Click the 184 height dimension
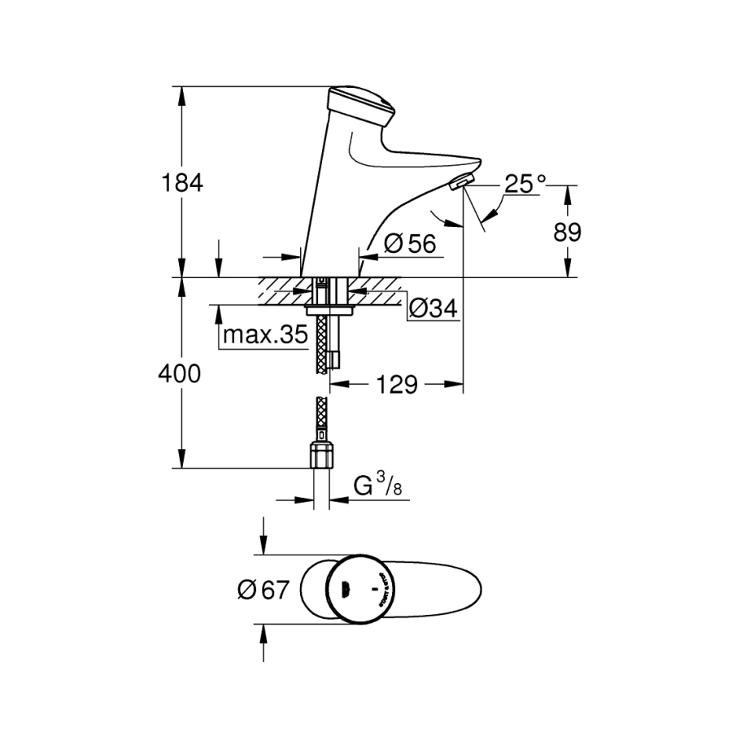(181, 183)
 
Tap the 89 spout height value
(569, 233)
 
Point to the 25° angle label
(524, 184)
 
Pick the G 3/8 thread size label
(377, 487)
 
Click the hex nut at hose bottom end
(322, 455)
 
